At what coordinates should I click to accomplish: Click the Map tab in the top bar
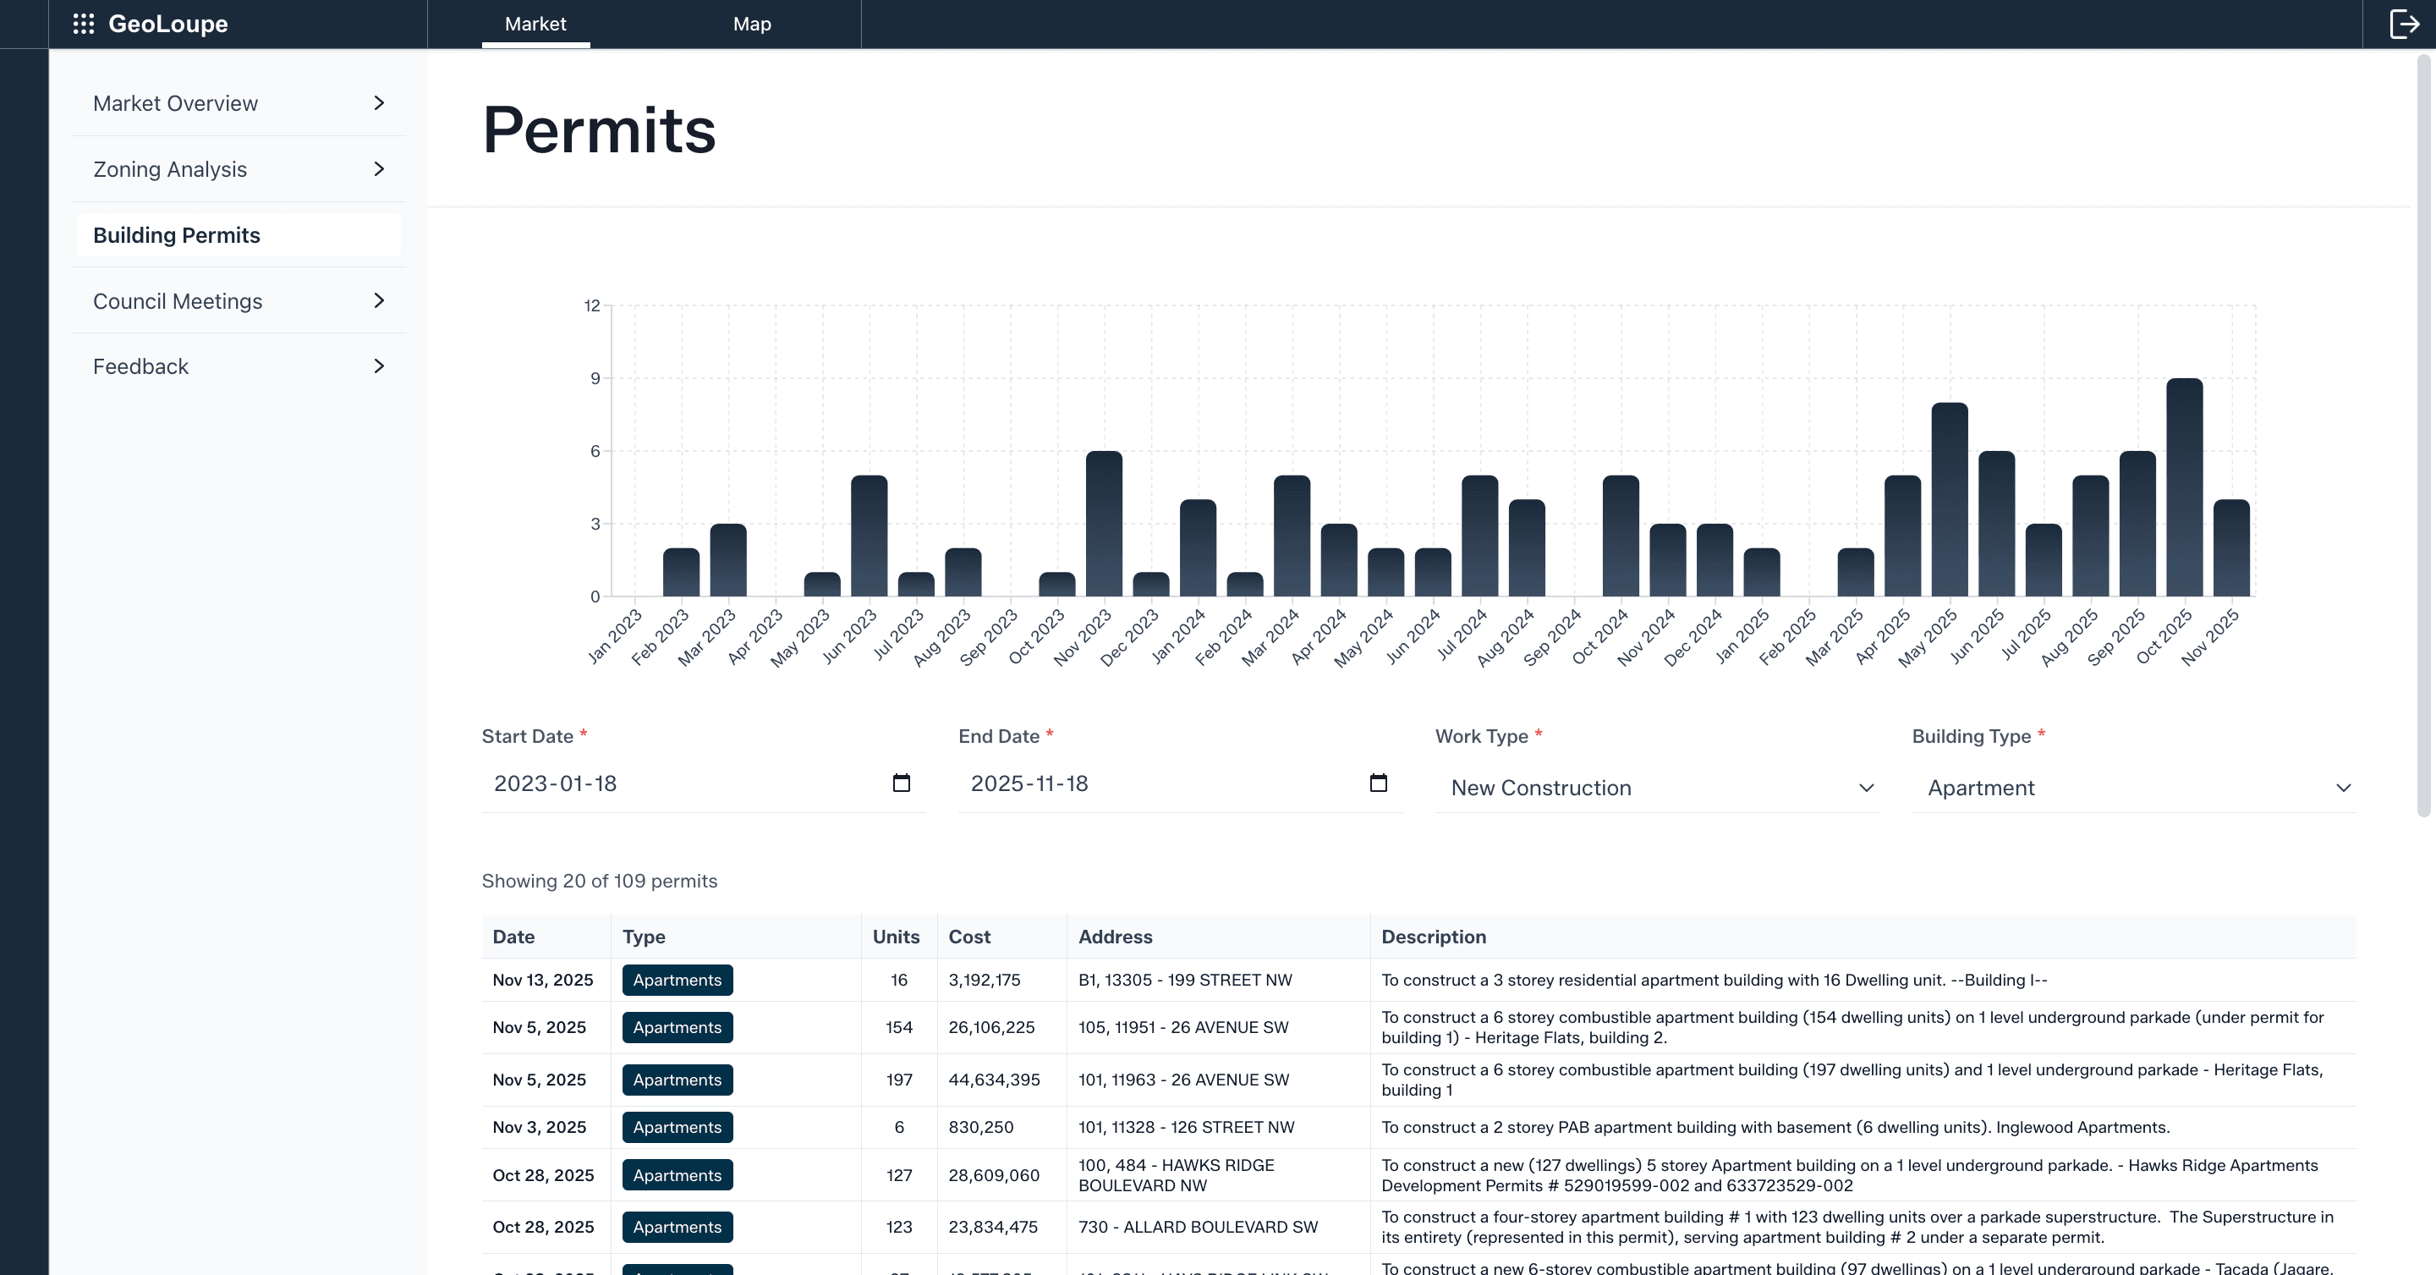(x=752, y=24)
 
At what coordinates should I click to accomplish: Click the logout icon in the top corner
(x=2403, y=24)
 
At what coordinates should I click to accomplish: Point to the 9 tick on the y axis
(x=595, y=378)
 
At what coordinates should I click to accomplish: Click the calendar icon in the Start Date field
(x=901, y=783)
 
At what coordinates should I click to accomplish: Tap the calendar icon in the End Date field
(x=1378, y=783)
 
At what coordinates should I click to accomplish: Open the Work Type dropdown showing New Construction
(x=1657, y=788)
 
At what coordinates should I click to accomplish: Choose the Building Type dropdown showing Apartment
(x=2133, y=788)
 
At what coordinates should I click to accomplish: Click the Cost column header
(x=969, y=937)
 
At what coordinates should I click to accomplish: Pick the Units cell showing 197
(x=898, y=1080)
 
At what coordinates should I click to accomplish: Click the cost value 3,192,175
(x=984, y=980)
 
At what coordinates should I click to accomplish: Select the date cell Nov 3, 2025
(x=539, y=1126)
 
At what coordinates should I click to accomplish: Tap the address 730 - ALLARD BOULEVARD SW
(x=1197, y=1227)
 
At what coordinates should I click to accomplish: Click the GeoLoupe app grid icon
(x=83, y=24)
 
